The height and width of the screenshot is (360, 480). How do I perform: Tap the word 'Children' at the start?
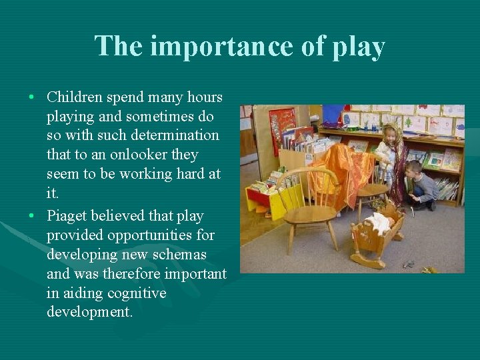(74, 97)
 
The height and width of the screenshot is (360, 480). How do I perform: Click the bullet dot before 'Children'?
(32, 98)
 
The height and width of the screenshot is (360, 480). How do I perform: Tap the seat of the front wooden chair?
(310, 215)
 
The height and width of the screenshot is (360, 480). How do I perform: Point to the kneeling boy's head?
(414, 168)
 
